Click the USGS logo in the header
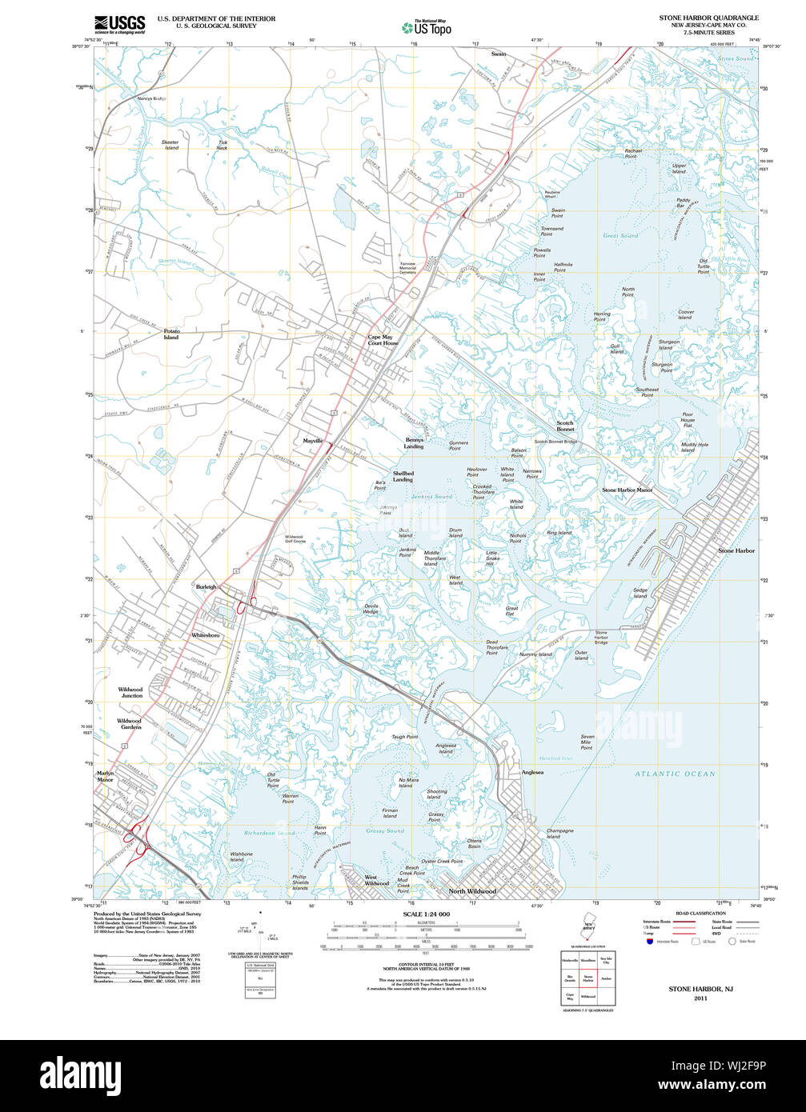pos(119,23)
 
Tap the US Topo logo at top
pos(427,27)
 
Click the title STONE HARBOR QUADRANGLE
pos(708,18)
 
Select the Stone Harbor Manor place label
pos(627,490)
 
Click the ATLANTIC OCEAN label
pos(676,774)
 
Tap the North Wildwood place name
pos(471,891)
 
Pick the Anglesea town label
pos(532,772)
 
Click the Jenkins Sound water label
pos(432,496)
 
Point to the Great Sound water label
pos(620,236)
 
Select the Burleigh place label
pos(207,586)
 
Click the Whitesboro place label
pos(205,635)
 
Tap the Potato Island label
pos(171,334)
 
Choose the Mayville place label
pos(313,441)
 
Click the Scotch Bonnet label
pos(565,426)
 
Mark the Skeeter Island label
pos(171,145)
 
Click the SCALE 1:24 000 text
pos(427,914)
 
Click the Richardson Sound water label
pos(270,833)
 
